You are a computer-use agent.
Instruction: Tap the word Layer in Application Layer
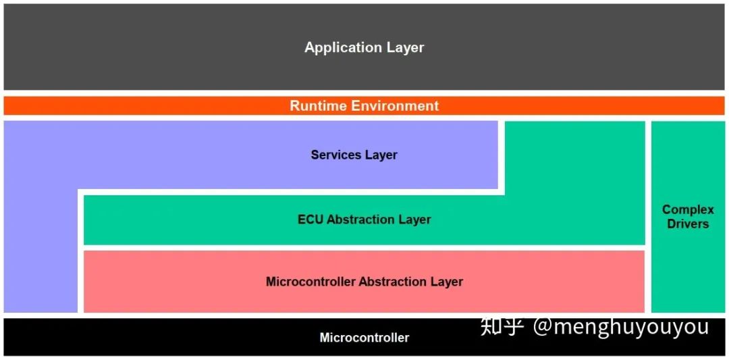(405, 48)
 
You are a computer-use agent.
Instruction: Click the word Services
(335, 155)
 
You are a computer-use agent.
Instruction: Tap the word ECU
(310, 220)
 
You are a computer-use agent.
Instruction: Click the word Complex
(688, 210)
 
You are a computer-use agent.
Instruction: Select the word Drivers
(688, 224)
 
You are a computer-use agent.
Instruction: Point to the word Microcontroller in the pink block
(310, 282)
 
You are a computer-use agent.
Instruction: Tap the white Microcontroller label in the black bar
(364, 338)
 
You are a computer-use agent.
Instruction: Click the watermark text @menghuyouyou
(621, 327)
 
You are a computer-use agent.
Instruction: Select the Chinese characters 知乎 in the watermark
(502, 327)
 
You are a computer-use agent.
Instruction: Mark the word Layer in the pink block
(447, 282)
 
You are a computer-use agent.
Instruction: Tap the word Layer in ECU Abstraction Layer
(414, 220)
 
